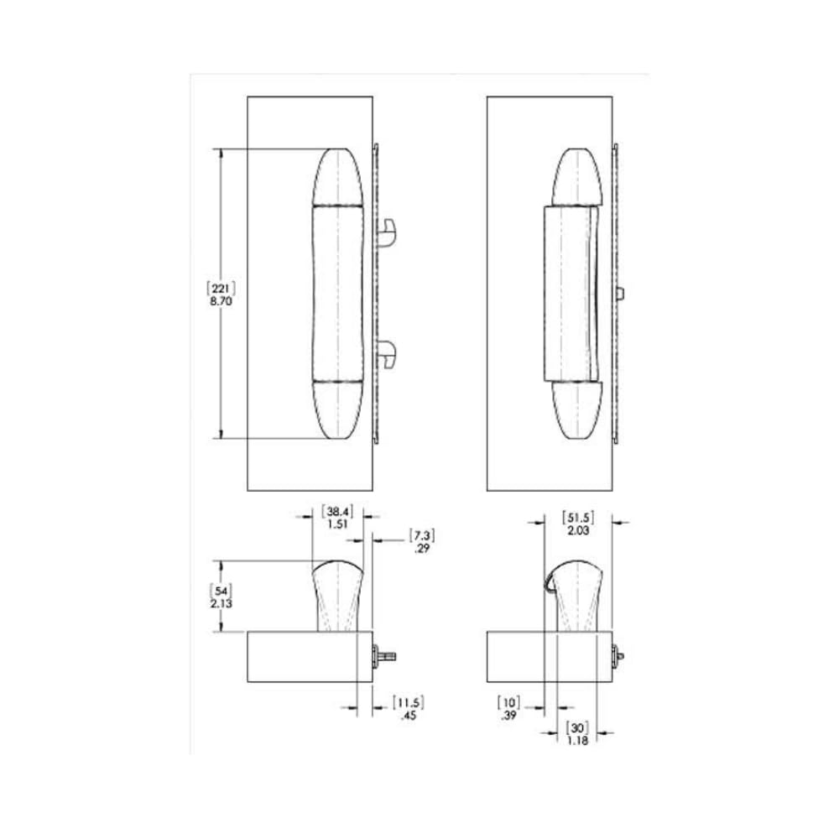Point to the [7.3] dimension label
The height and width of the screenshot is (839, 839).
coord(422,534)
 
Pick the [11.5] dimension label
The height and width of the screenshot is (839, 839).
coord(409,702)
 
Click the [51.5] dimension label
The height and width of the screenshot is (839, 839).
coord(577,516)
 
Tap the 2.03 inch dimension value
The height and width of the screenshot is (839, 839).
coord(577,530)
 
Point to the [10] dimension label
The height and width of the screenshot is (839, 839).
coord(509,701)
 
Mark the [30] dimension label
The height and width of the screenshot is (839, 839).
coord(577,727)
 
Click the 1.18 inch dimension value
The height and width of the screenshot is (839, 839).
coord(577,741)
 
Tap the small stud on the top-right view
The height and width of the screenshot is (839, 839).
coord(620,294)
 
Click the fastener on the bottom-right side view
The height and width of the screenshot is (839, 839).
coord(619,654)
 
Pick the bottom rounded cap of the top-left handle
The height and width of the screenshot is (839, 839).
coord(337,411)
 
